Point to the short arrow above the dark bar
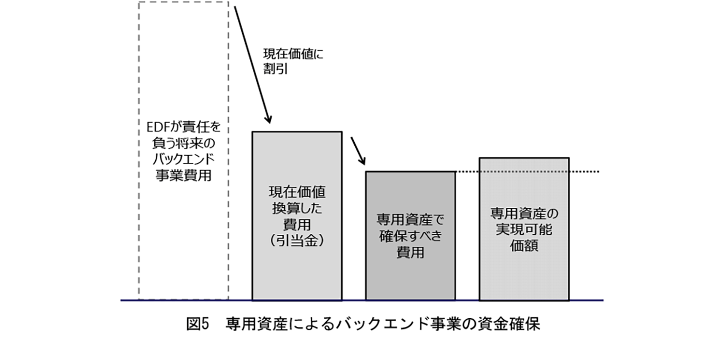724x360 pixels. pos(358,149)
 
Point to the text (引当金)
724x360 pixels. pos(297,241)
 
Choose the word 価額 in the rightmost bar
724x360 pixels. pos(524,245)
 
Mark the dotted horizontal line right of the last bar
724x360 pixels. pos(584,171)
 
